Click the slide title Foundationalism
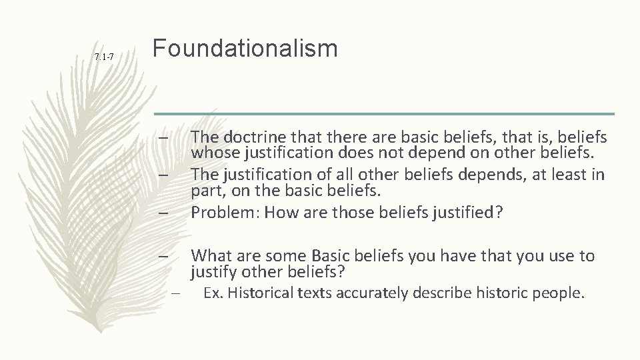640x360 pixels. click(x=245, y=49)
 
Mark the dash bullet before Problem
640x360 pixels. click(x=163, y=213)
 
